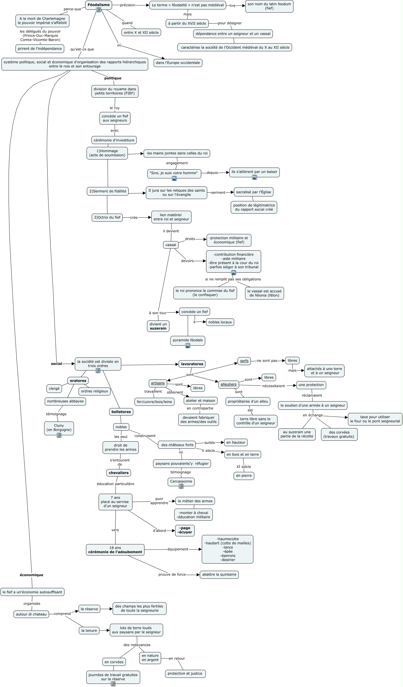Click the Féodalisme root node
pyautogui.click(x=98, y=5)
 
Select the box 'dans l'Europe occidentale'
pyautogui.click(x=178, y=63)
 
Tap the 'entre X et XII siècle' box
pyautogui.click(x=141, y=32)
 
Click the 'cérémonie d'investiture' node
pyautogui.click(x=114, y=140)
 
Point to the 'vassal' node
pyautogui.click(x=171, y=245)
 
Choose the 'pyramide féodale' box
pyautogui.click(x=188, y=340)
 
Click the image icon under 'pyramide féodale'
pyautogui.click(x=188, y=346)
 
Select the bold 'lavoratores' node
pyautogui.click(x=192, y=364)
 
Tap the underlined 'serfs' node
pyautogui.click(x=244, y=361)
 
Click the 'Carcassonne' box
pyautogui.click(x=181, y=481)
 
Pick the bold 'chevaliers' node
pyautogui.click(x=119, y=473)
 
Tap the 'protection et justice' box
pyautogui.click(x=185, y=673)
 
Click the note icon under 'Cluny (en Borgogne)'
pyautogui.click(x=59, y=435)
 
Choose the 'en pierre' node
pyautogui.click(x=244, y=476)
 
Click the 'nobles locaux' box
pyautogui.click(x=220, y=322)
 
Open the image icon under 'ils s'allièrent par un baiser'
pyautogui.click(x=254, y=177)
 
